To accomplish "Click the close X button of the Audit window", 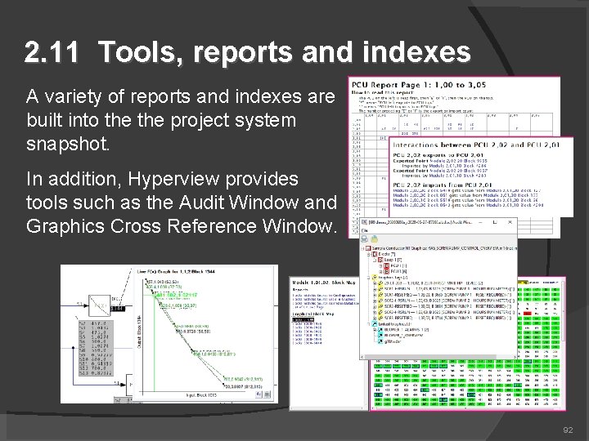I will click(x=510, y=222).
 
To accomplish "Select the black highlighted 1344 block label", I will click(x=117, y=308).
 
